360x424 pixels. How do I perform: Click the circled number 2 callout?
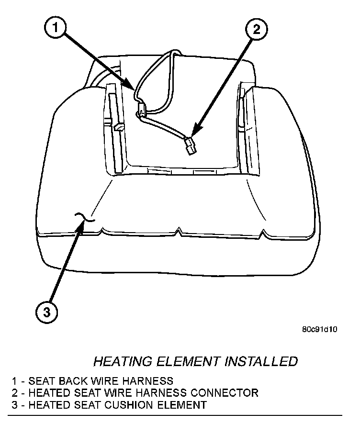pyautogui.click(x=256, y=30)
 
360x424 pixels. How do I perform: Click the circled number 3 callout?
pyautogui.click(x=47, y=312)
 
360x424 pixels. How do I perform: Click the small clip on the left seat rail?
pyautogui.click(x=118, y=127)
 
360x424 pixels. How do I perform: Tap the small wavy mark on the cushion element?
pyautogui.click(x=86, y=218)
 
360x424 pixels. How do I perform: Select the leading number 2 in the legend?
pyautogui.click(x=15, y=393)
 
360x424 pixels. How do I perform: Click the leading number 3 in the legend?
pyautogui.click(x=15, y=405)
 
